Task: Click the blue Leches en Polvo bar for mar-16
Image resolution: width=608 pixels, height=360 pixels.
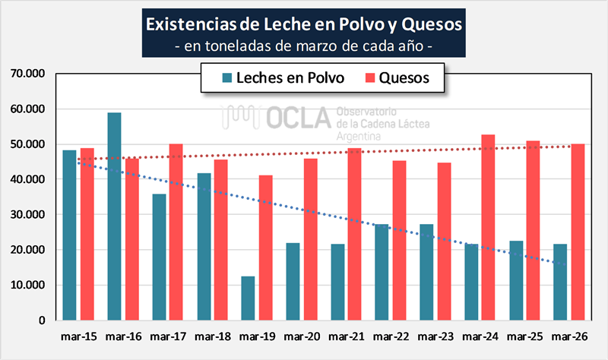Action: coord(114,216)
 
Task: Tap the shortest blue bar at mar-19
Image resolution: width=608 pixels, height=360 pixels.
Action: coord(247,298)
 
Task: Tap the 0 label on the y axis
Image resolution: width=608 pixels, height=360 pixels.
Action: coord(43,321)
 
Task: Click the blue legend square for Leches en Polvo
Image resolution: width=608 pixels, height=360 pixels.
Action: coord(226,77)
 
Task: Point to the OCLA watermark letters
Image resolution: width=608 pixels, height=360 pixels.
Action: coord(296,117)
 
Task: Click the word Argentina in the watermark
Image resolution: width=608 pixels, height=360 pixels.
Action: coord(361,134)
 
